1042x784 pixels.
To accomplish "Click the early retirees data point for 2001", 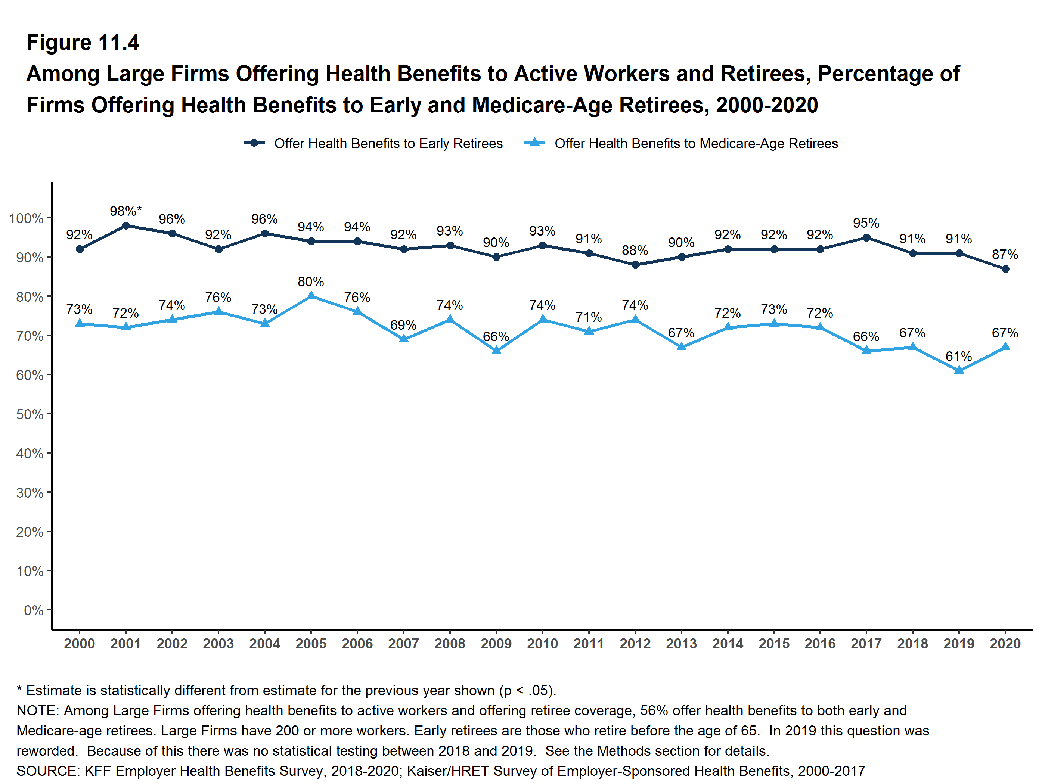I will pyautogui.click(x=126, y=225).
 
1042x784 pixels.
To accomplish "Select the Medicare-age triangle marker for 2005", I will pyautogui.click(x=311, y=296).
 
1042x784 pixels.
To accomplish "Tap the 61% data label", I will pyautogui.click(x=959, y=357).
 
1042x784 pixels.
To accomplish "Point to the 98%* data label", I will pyautogui.click(x=125, y=211).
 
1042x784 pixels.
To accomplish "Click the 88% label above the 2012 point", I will pyautogui.click(x=635, y=251).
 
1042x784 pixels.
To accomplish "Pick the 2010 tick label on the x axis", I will pyautogui.click(x=542, y=644).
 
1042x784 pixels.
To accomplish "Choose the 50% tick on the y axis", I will pyautogui.click(x=30, y=414).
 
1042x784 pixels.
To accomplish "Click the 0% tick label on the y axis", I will pyautogui.click(x=34, y=610).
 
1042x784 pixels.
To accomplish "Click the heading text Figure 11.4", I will pyautogui.click(x=83, y=43).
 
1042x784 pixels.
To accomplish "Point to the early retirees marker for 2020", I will pyautogui.click(x=1005, y=269).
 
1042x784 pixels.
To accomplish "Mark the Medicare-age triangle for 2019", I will pyautogui.click(x=959, y=370).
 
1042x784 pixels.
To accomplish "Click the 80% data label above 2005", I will pyautogui.click(x=311, y=281).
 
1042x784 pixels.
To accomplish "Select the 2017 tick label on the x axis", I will pyautogui.click(x=866, y=644).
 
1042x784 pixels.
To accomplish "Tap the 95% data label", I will pyautogui.click(x=866, y=223).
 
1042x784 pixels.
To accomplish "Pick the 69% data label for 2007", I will pyautogui.click(x=403, y=325).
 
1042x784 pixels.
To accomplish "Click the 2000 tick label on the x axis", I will pyautogui.click(x=79, y=644).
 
